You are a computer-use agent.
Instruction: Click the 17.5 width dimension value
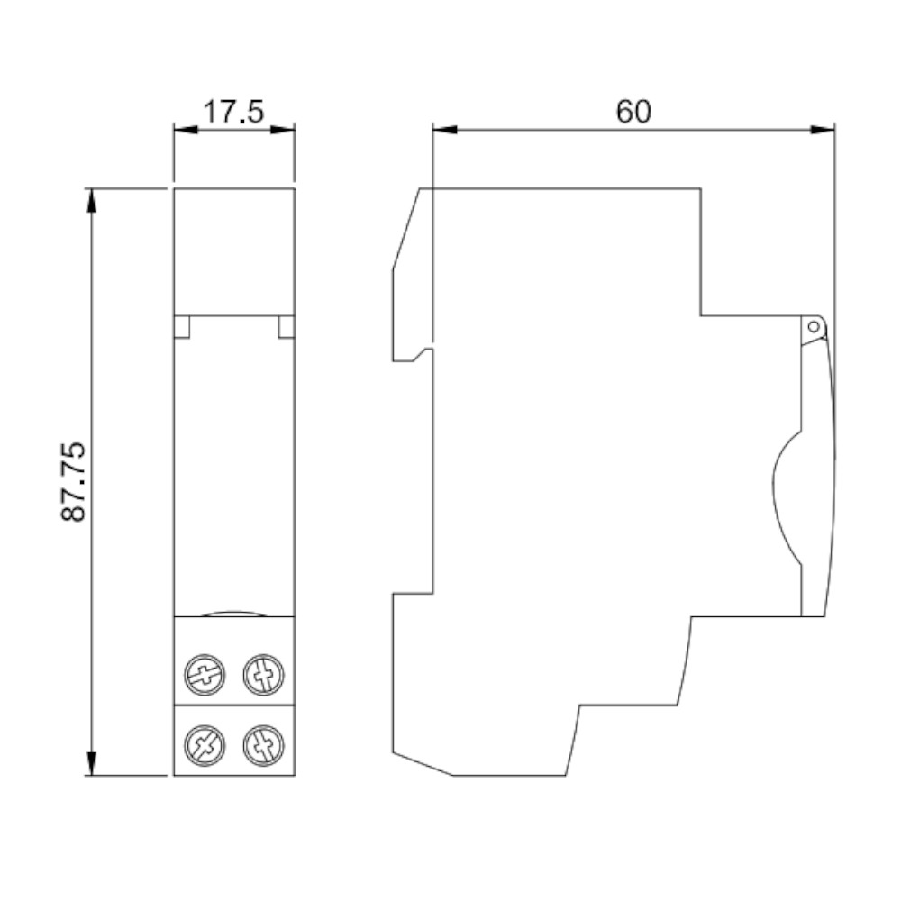(234, 112)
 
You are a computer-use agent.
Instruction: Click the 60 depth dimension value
(633, 112)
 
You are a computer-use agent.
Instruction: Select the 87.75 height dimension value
(74, 481)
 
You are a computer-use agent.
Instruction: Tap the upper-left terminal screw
(205, 675)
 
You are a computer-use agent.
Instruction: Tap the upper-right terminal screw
(264, 675)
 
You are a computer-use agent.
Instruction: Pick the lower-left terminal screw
(205, 746)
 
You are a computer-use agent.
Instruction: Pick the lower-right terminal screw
(264, 746)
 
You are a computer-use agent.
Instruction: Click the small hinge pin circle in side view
(813, 327)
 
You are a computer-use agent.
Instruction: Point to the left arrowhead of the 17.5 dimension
(186, 130)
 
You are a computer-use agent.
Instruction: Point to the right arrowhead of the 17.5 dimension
(283, 130)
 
